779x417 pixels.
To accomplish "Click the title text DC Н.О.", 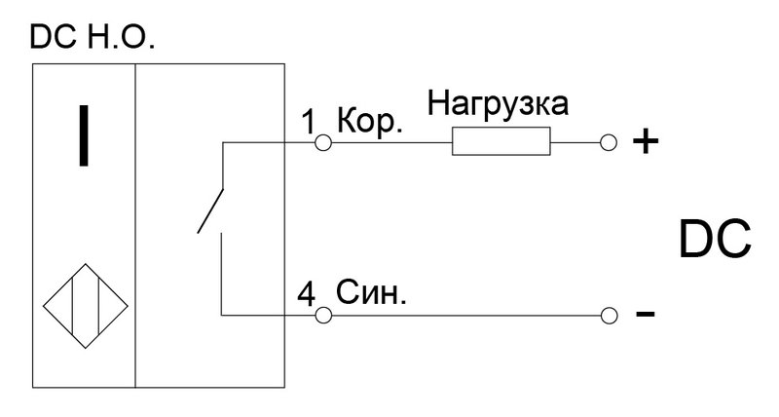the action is point(93,37).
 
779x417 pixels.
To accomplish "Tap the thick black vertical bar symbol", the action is point(84,135).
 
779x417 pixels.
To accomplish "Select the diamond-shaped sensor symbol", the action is point(86,306).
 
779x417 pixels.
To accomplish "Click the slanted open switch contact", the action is point(211,210).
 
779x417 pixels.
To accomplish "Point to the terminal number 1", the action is point(309,122).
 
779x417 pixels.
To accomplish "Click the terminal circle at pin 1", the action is point(323,142).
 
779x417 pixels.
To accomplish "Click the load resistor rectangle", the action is point(501,141).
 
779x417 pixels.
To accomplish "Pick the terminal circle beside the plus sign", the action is point(608,142).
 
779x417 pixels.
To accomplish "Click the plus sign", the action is point(646,142).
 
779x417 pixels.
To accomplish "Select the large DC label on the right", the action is point(715,240).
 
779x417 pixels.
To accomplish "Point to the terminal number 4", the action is point(306,295).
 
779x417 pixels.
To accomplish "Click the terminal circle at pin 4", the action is point(323,315).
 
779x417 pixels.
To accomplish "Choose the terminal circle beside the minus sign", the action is point(609,315).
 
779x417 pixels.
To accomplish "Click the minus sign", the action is point(645,314).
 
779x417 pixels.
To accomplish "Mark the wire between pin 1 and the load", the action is point(391,142).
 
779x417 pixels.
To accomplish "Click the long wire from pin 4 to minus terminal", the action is point(465,315).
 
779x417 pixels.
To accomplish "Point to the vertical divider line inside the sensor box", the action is point(135,226).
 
